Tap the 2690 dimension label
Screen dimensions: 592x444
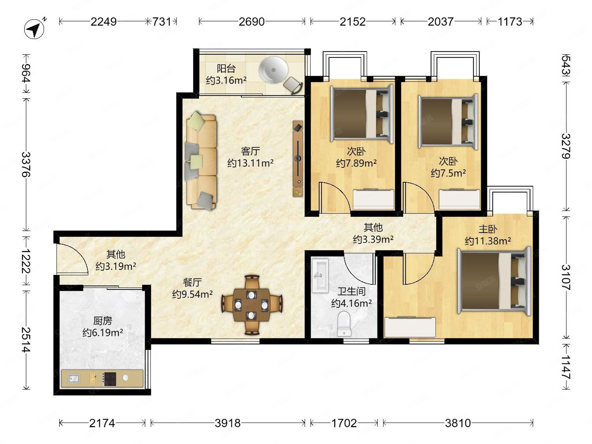point(252,22)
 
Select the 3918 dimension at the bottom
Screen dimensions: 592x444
point(228,423)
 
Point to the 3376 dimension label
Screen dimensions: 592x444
point(26,165)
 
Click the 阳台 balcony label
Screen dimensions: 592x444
point(226,69)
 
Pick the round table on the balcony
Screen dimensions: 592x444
point(273,70)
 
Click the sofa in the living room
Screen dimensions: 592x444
point(201,161)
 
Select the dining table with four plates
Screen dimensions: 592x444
point(251,305)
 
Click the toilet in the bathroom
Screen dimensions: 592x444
point(344,324)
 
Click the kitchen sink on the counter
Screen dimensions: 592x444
point(74,378)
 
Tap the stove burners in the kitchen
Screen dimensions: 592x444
point(110,379)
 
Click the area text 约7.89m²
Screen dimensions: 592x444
point(356,163)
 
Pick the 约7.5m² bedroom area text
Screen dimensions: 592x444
point(448,173)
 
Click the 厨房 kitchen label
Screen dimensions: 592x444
point(103,321)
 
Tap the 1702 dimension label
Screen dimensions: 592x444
point(344,423)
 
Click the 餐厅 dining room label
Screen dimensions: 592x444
point(192,282)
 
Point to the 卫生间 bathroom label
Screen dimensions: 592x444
point(351,291)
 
